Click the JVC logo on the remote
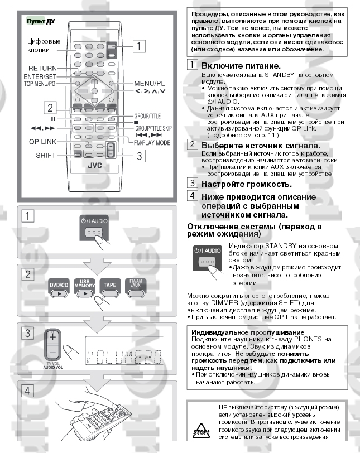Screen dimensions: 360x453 click(x=94, y=165)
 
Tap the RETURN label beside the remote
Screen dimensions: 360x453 click(x=42, y=68)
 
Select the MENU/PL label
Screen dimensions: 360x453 click(x=150, y=84)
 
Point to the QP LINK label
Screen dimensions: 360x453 click(x=42, y=142)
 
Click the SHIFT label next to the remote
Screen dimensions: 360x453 click(x=46, y=155)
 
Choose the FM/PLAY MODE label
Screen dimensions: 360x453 click(x=152, y=143)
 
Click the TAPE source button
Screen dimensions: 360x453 click(x=110, y=288)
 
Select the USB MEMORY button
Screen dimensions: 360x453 click(x=85, y=288)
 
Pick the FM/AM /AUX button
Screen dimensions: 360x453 click(x=136, y=288)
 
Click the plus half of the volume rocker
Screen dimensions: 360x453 click(x=52, y=337)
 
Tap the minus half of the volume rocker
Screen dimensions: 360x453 click(x=52, y=352)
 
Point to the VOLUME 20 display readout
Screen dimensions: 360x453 click(x=124, y=357)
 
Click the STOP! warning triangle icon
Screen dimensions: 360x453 click(x=201, y=431)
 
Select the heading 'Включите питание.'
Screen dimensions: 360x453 click(x=241, y=66)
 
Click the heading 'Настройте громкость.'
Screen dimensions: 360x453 click(x=247, y=184)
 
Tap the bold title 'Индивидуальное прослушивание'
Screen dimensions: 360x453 click(x=248, y=332)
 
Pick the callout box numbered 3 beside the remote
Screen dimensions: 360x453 click(x=139, y=156)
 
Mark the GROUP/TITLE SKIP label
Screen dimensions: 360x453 click(x=153, y=128)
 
